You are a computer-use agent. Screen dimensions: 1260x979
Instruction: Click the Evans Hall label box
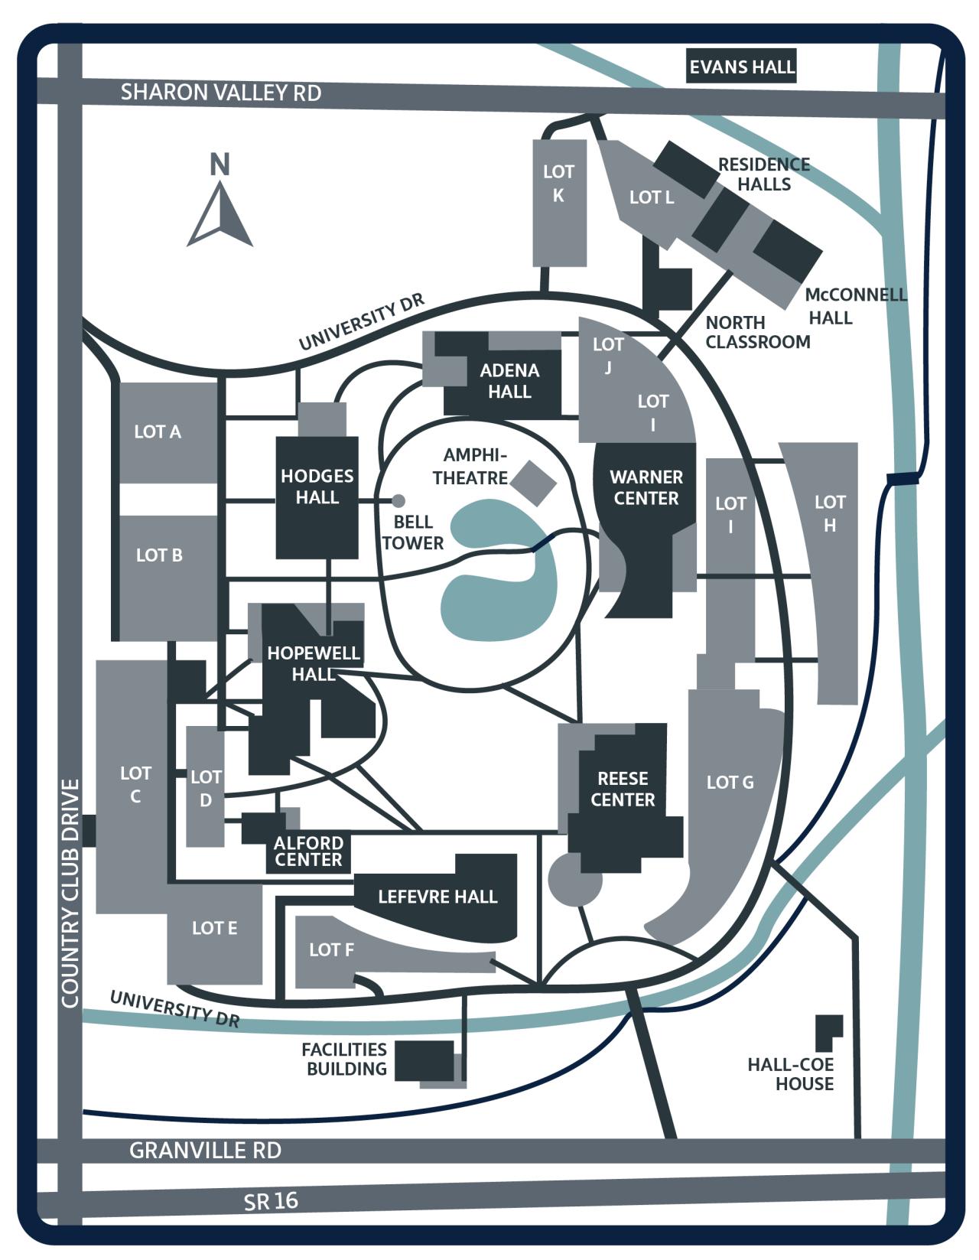(x=741, y=67)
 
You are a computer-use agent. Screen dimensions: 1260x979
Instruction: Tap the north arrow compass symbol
(x=220, y=214)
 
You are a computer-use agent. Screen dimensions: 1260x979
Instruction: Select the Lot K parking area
(x=559, y=203)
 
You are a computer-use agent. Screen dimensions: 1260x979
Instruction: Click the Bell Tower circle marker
(x=398, y=501)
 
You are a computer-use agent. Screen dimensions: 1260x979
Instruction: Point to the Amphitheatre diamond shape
(x=533, y=483)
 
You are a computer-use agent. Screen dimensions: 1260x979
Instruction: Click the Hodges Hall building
(x=317, y=497)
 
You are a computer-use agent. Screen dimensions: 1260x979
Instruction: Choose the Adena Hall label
(x=509, y=381)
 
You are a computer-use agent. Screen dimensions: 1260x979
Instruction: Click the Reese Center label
(x=623, y=789)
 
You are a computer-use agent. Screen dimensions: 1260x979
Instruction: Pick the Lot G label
(x=730, y=782)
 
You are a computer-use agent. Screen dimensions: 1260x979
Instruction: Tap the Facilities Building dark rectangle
(x=424, y=1060)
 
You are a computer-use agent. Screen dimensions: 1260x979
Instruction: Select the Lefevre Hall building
(x=437, y=897)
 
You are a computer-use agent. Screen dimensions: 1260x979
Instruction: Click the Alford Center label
(x=308, y=851)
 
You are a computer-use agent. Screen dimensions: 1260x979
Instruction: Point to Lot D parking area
(x=205, y=788)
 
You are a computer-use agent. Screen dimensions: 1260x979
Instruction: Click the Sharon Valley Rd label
(x=221, y=93)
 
